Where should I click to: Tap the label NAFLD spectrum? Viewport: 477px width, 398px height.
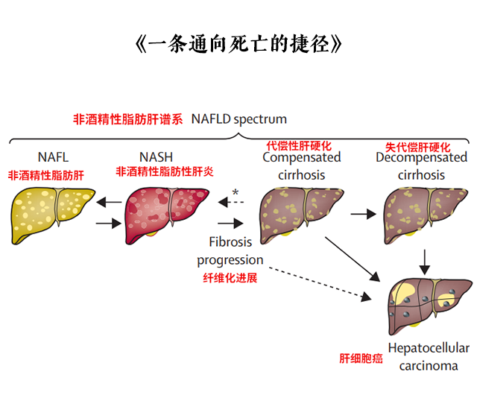point(238,119)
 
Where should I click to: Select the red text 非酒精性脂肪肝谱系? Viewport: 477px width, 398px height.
point(127,119)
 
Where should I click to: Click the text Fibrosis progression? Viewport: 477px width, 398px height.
point(230,251)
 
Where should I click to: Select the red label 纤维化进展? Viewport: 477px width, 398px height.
point(230,278)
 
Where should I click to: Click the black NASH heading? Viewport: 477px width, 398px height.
point(157,157)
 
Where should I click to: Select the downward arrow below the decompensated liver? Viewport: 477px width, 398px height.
point(425,260)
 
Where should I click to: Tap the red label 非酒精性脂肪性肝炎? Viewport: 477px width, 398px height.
point(165,171)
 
